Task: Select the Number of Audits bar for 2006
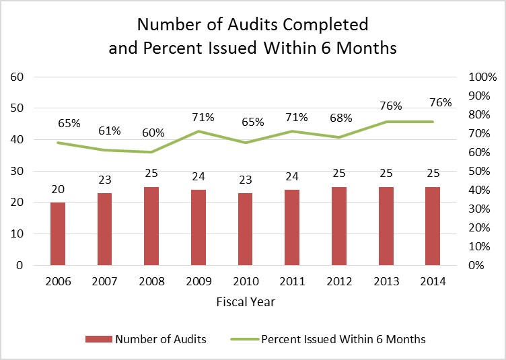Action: click(58, 233)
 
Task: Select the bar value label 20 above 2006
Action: click(58, 189)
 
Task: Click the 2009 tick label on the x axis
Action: click(198, 283)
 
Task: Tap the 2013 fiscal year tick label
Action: click(386, 283)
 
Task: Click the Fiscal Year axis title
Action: click(245, 301)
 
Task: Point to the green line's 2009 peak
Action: click(198, 131)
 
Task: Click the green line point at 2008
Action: click(151, 152)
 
